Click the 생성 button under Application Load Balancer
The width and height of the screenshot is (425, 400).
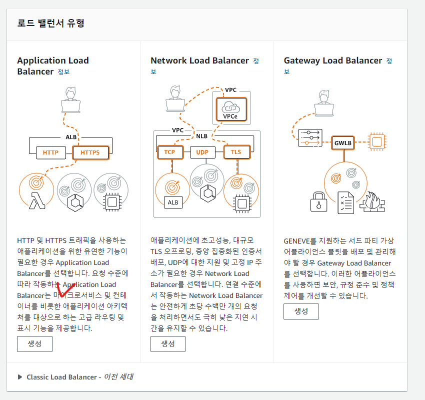click(x=34, y=344)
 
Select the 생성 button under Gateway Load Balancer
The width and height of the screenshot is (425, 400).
click(x=301, y=311)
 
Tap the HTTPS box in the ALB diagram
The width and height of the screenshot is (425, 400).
click(x=90, y=152)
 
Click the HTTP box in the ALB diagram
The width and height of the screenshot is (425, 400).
click(x=50, y=152)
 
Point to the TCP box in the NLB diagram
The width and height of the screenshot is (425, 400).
click(x=169, y=152)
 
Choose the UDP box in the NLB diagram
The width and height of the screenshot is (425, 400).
click(x=202, y=152)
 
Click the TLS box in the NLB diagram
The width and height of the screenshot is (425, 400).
click(x=236, y=152)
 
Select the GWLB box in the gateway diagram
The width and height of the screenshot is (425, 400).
click(x=343, y=142)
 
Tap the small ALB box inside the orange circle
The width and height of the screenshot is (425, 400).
click(x=172, y=202)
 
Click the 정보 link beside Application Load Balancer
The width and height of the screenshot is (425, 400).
click(x=63, y=72)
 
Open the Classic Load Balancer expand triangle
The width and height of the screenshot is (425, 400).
click(x=20, y=377)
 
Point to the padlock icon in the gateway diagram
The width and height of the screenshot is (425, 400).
click(x=318, y=202)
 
